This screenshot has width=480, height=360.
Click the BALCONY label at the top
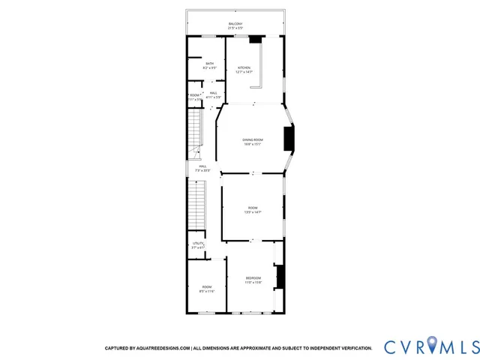[x=235, y=25]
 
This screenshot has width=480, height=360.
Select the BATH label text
[x=210, y=64]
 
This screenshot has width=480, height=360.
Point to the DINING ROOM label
[x=252, y=140]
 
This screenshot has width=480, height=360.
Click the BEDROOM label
[x=253, y=278]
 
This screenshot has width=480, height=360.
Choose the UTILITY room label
[x=198, y=243]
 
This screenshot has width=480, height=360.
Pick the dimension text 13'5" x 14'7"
[x=252, y=212]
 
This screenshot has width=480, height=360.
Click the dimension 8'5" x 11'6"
[x=206, y=291]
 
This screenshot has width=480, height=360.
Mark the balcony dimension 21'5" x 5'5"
[x=235, y=29]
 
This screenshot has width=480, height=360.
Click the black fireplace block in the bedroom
[x=280, y=278]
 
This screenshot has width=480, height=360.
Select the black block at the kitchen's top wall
[x=256, y=38]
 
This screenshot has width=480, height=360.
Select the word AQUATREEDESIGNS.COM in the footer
[x=163, y=348]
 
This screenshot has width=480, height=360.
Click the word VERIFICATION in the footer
[x=352, y=348]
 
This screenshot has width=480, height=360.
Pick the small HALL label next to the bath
[x=214, y=92]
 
